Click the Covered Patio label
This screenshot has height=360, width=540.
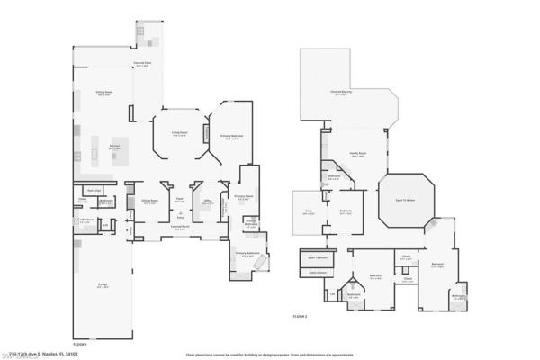[x=140, y=63]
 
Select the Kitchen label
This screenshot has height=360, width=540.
[x=114, y=146]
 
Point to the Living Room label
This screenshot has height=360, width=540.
[x=178, y=134]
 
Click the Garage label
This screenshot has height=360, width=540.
[x=103, y=285]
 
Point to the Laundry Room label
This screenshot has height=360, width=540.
[x=84, y=220]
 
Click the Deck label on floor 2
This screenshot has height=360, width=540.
[x=309, y=213]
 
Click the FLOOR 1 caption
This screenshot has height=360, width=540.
[x=80, y=344]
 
